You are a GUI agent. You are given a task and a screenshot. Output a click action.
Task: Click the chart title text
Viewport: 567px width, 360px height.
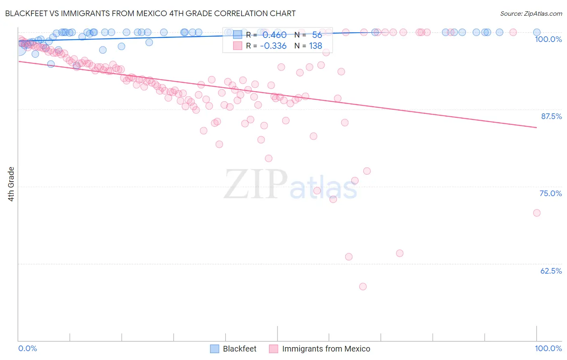[x=150, y=13]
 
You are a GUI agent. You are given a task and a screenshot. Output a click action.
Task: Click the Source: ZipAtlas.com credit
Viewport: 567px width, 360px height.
[x=531, y=13]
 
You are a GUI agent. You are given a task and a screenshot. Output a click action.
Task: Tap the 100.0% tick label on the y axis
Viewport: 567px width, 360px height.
[x=548, y=39]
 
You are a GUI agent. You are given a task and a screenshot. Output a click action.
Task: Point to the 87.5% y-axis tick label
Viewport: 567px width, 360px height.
[x=551, y=116]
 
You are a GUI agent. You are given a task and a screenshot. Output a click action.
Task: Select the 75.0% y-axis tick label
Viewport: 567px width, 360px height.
[x=550, y=193]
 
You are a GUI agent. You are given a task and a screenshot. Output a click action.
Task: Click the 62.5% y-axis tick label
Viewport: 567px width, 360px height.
[x=551, y=271]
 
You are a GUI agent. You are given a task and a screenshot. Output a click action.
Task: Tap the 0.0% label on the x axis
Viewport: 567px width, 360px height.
[x=28, y=348]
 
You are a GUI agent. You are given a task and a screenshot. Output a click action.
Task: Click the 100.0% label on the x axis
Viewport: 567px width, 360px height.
[x=548, y=348]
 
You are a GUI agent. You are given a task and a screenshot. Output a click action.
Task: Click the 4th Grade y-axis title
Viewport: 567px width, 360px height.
[x=11, y=184]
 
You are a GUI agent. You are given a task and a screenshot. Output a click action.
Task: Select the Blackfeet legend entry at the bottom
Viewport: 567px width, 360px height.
[x=239, y=349]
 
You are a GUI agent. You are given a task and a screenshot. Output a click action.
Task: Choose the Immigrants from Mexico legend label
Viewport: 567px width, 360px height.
[x=326, y=349]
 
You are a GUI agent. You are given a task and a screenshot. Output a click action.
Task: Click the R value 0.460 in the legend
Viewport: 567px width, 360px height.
[x=274, y=35]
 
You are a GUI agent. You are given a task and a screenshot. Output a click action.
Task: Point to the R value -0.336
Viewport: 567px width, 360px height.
[x=273, y=46]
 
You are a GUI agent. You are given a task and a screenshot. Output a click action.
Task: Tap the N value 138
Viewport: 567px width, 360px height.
[x=315, y=46]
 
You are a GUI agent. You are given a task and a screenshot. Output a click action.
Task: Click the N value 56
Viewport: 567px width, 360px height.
[x=317, y=35]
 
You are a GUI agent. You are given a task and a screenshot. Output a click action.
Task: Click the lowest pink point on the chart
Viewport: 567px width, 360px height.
[x=363, y=287]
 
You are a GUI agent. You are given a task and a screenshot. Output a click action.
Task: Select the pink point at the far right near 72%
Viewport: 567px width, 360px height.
[x=537, y=213]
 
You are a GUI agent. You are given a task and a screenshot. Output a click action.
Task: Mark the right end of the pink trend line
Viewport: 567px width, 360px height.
[x=537, y=128]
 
